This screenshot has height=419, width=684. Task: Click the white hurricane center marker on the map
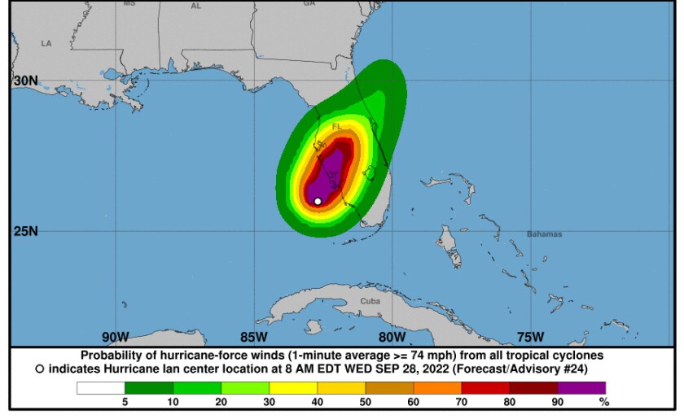click(x=318, y=200)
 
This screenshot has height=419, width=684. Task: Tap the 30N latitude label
click(x=25, y=81)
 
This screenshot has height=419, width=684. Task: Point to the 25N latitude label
click(x=25, y=231)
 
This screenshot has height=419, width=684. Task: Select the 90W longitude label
click(x=116, y=337)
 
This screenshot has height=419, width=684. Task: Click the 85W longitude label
click(x=254, y=337)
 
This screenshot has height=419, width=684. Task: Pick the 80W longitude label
click(x=392, y=337)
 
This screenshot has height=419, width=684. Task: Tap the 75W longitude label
click(x=530, y=337)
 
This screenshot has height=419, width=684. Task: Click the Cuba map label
click(x=370, y=301)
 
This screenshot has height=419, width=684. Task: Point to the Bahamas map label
click(x=544, y=234)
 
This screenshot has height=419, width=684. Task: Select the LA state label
click(x=46, y=43)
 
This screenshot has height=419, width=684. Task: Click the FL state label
click(x=336, y=127)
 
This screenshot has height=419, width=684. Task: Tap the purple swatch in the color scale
click(x=581, y=388)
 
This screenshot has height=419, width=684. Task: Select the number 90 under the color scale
click(x=559, y=401)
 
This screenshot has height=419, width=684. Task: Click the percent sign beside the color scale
click(x=603, y=401)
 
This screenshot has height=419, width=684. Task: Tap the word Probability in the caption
click(x=112, y=356)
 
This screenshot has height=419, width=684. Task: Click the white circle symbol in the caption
click(x=39, y=369)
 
